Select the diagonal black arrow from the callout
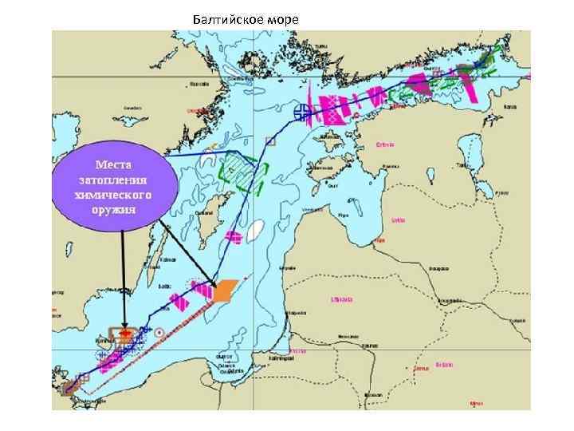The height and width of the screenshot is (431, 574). (188, 255)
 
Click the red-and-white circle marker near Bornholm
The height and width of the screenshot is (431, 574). (160, 332)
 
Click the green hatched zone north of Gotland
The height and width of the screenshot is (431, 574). (239, 169)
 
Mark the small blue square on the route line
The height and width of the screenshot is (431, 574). (270, 140)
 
